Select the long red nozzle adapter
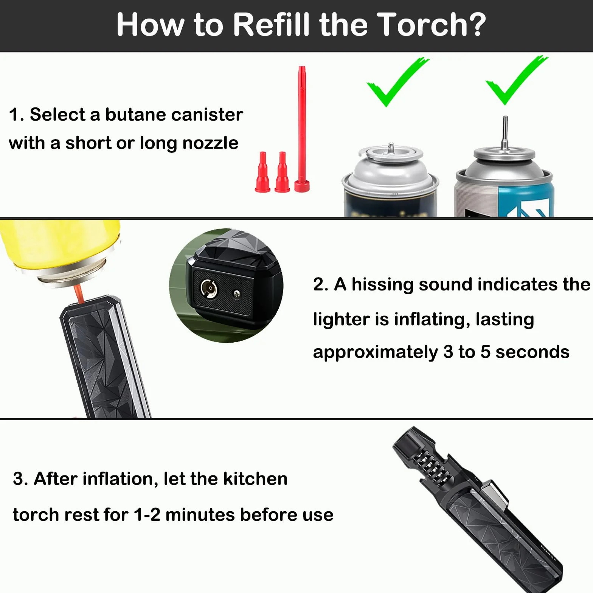302,129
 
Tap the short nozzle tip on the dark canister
391,147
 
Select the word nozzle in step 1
210,143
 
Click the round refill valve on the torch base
209,289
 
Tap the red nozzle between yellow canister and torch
78,293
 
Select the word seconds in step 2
532,352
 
